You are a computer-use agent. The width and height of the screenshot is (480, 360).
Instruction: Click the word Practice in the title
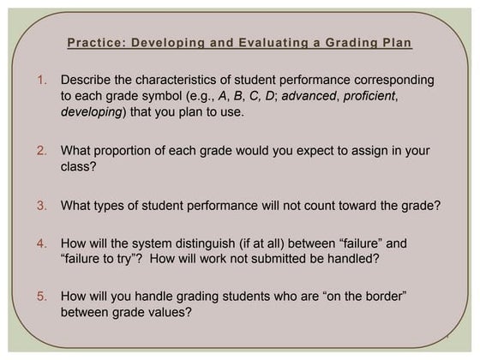click(x=93, y=43)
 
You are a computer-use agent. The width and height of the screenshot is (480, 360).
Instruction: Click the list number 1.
click(x=43, y=80)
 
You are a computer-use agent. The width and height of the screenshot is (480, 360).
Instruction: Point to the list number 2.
click(x=43, y=151)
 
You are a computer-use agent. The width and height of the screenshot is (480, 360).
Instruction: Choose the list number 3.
click(x=43, y=205)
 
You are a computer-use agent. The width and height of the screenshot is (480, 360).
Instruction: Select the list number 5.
click(x=43, y=297)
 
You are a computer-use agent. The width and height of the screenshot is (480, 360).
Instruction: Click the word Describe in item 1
click(x=89, y=80)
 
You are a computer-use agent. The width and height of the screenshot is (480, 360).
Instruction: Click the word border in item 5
click(x=379, y=297)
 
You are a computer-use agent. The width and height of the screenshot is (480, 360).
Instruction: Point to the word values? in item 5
click(x=172, y=313)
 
